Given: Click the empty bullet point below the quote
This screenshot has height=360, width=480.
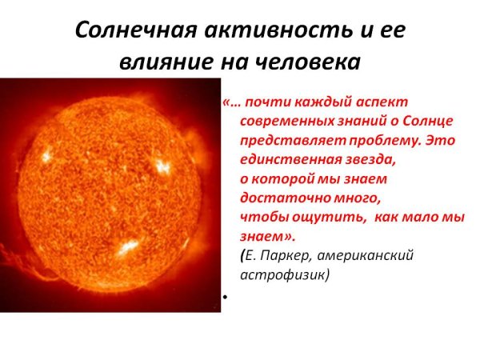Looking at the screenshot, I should coord(226,297).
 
